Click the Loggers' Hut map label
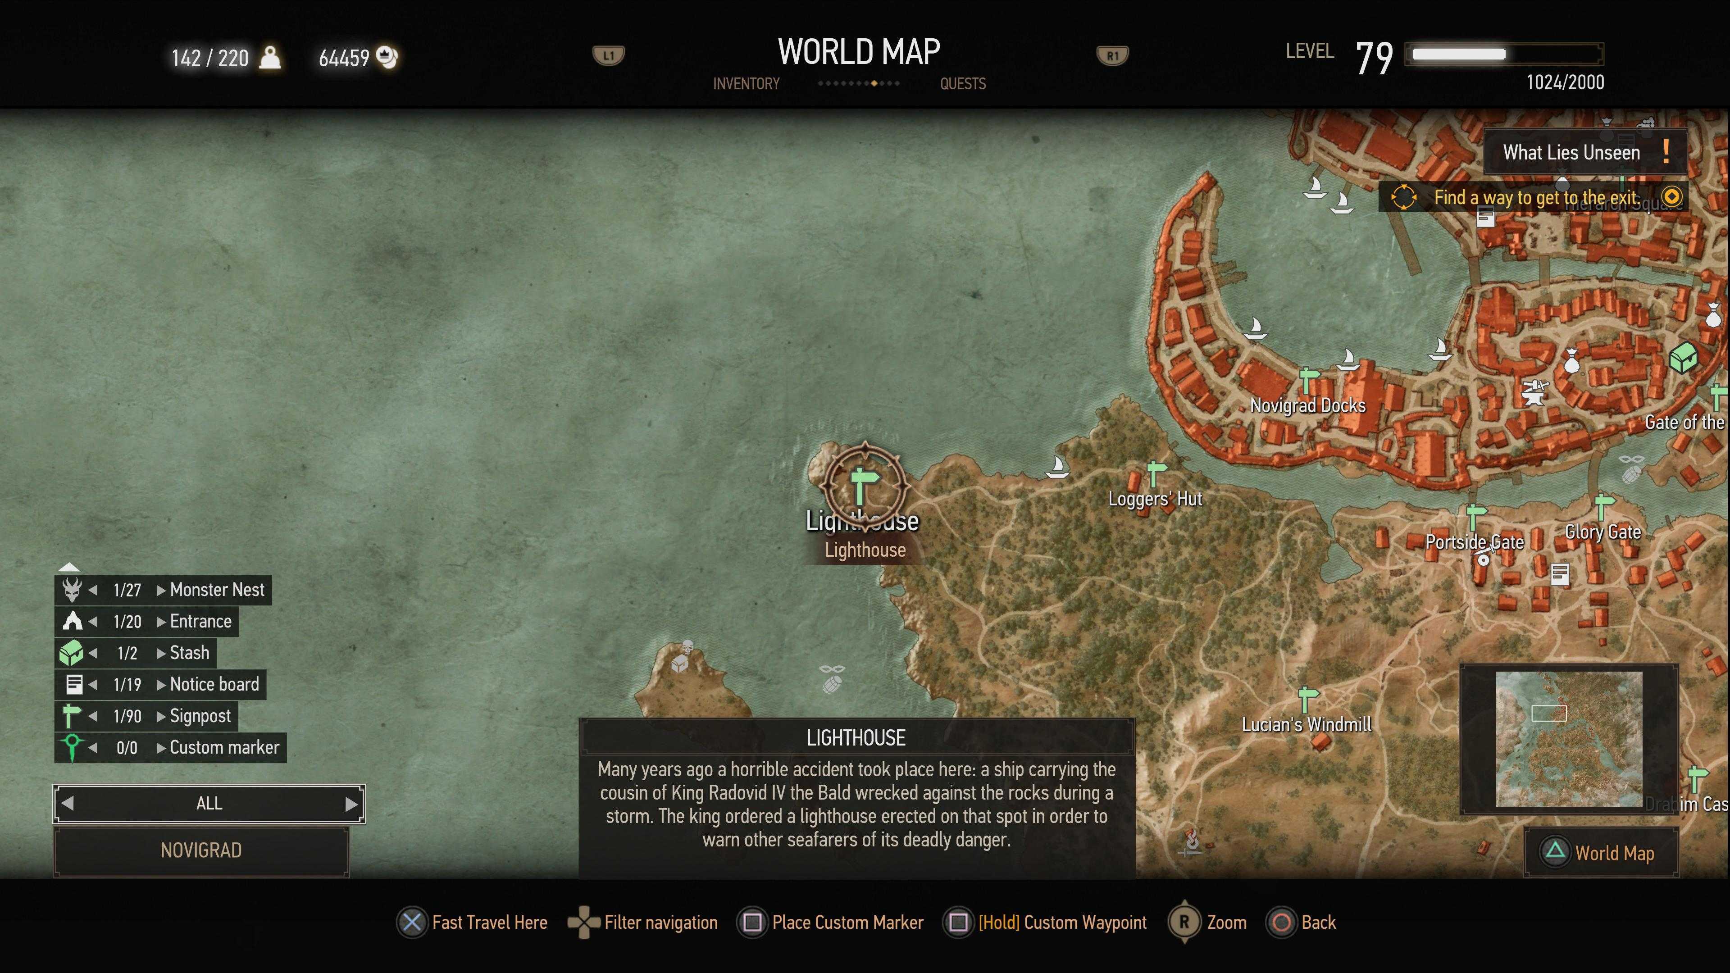pyautogui.click(x=1154, y=499)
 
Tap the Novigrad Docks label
pyautogui.click(x=1307, y=405)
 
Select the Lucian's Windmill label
pyautogui.click(x=1306, y=724)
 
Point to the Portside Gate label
pyautogui.click(x=1474, y=542)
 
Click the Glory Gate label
pyautogui.click(x=1603, y=532)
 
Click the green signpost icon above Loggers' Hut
pyautogui.click(x=1156, y=472)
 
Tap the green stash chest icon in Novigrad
pyautogui.click(x=1683, y=357)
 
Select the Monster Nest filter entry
pyautogui.click(x=217, y=590)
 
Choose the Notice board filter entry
pyautogui.click(x=214, y=684)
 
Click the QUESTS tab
pyautogui.click(x=962, y=84)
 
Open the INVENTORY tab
pyautogui.click(x=746, y=84)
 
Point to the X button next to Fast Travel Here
pyautogui.click(x=412, y=923)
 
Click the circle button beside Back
pyautogui.click(x=1281, y=923)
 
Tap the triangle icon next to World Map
pyautogui.click(x=1555, y=853)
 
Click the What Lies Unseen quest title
pyautogui.click(x=1571, y=152)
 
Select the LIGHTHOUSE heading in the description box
pyautogui.click(x=856, y=738)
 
